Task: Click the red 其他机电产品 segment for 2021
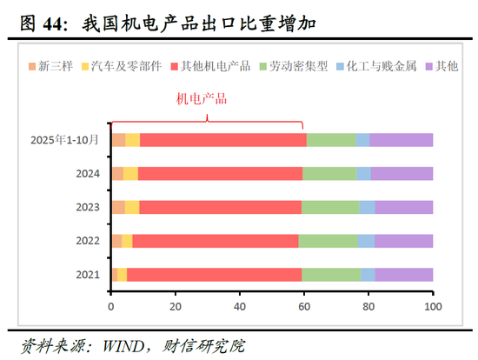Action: click(x=214, y=275)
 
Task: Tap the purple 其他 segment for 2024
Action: click(x=402, y=173)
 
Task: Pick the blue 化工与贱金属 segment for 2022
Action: click(x=366, y=241)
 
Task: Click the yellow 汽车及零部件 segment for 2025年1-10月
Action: click(x=133, y=140)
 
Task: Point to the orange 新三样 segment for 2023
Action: click(x=118, y=207)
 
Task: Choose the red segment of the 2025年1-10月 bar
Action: click(x=222, y=140)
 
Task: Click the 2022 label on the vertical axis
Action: click(x=88, y=241)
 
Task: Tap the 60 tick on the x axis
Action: click(x=304, y=306)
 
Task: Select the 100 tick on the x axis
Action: click(x=432, y=306)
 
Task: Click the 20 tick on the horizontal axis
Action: click(x=176, y=306)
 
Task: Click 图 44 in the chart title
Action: click(x=40, y=23)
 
